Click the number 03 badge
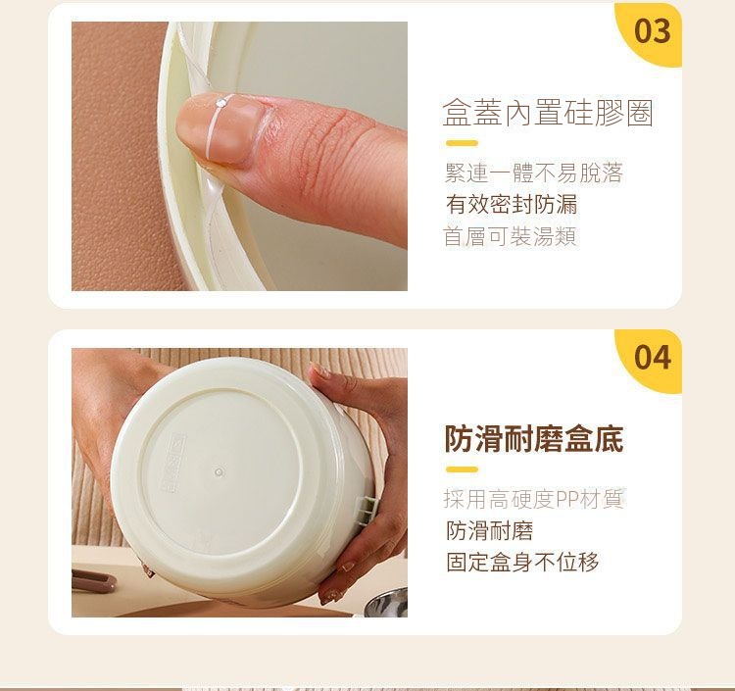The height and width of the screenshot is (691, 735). click(652, 31)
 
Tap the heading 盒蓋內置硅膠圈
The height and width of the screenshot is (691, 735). click(548, 113)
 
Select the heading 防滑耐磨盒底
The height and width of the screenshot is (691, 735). click(534, 439)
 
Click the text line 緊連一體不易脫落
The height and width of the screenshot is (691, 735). click(533, 173)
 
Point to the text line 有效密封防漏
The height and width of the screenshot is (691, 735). click(512, 205)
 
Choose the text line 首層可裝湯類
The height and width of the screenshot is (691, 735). click(510, 236)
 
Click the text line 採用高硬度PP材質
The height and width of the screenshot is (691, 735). click(533, 499)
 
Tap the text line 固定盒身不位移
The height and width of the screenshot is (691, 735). click(522, 562)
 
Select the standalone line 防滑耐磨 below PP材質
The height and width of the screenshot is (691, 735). click(489, 530)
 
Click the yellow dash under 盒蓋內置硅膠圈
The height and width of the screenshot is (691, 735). click(462, 143)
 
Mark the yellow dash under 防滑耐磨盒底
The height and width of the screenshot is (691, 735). click(462, 469)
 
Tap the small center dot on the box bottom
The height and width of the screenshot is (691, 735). click(219, 471)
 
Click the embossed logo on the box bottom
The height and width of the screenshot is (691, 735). click(174, 464)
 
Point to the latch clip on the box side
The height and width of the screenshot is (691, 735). click(367, 510)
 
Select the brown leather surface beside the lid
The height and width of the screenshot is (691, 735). click(118, 156)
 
